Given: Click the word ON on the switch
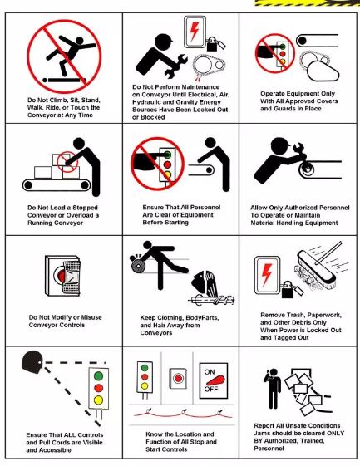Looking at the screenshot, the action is click(210, 372).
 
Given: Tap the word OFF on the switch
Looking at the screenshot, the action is click(211, 389).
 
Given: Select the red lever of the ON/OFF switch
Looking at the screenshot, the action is click(216, 380).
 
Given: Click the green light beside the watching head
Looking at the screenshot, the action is click(98, 375).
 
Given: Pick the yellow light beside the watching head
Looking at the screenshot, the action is click(98, 400).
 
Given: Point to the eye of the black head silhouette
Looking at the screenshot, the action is click(41, 362).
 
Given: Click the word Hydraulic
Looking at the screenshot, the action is click(147, 102).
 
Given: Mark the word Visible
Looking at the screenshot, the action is click(92, 443).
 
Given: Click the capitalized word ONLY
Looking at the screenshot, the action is click(335, 434).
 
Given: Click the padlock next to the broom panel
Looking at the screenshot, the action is click(288, 289).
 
